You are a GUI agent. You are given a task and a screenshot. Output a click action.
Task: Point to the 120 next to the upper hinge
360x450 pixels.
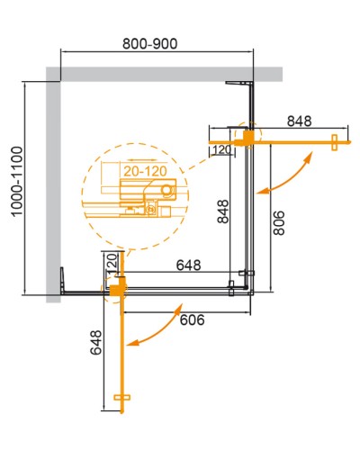tap(221, 150)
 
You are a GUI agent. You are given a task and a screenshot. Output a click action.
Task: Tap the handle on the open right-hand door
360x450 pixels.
tap(334, 142)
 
